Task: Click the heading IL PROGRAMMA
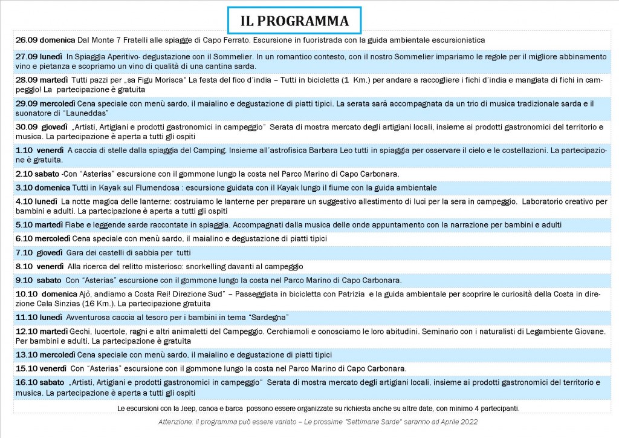(294, 21)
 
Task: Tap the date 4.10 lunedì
(36, 201)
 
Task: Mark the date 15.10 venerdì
(41, 368)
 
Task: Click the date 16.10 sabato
(39, 382)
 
